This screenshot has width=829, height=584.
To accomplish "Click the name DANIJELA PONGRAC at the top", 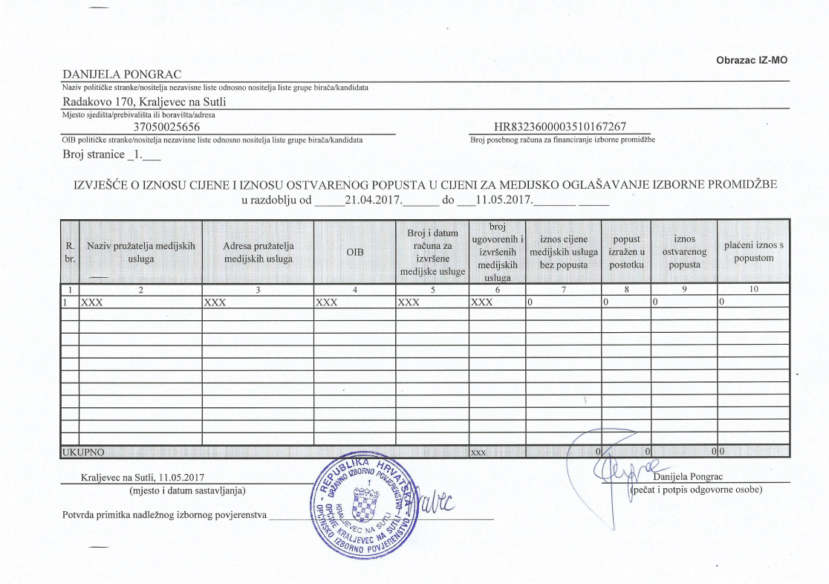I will point(123,74).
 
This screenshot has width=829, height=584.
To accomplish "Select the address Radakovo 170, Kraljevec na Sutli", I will point(144,102).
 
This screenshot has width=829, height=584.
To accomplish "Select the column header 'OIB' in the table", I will point(354,253).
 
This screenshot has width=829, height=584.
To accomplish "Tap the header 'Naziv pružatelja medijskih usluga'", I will point(140,252).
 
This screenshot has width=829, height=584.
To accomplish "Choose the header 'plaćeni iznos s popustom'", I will point(753,252).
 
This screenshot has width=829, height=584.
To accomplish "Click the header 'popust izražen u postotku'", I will point(625,252).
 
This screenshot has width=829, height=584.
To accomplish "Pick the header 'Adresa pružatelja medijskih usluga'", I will point(259,252).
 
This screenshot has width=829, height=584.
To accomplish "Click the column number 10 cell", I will point(753,290).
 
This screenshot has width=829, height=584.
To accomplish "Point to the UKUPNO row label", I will point(83,451).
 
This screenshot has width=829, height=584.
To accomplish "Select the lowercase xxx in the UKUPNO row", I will point(478,451).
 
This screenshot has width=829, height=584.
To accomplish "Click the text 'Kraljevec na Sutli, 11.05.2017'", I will point(142,477).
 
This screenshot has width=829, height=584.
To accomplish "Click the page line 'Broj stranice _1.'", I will point(111,156).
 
